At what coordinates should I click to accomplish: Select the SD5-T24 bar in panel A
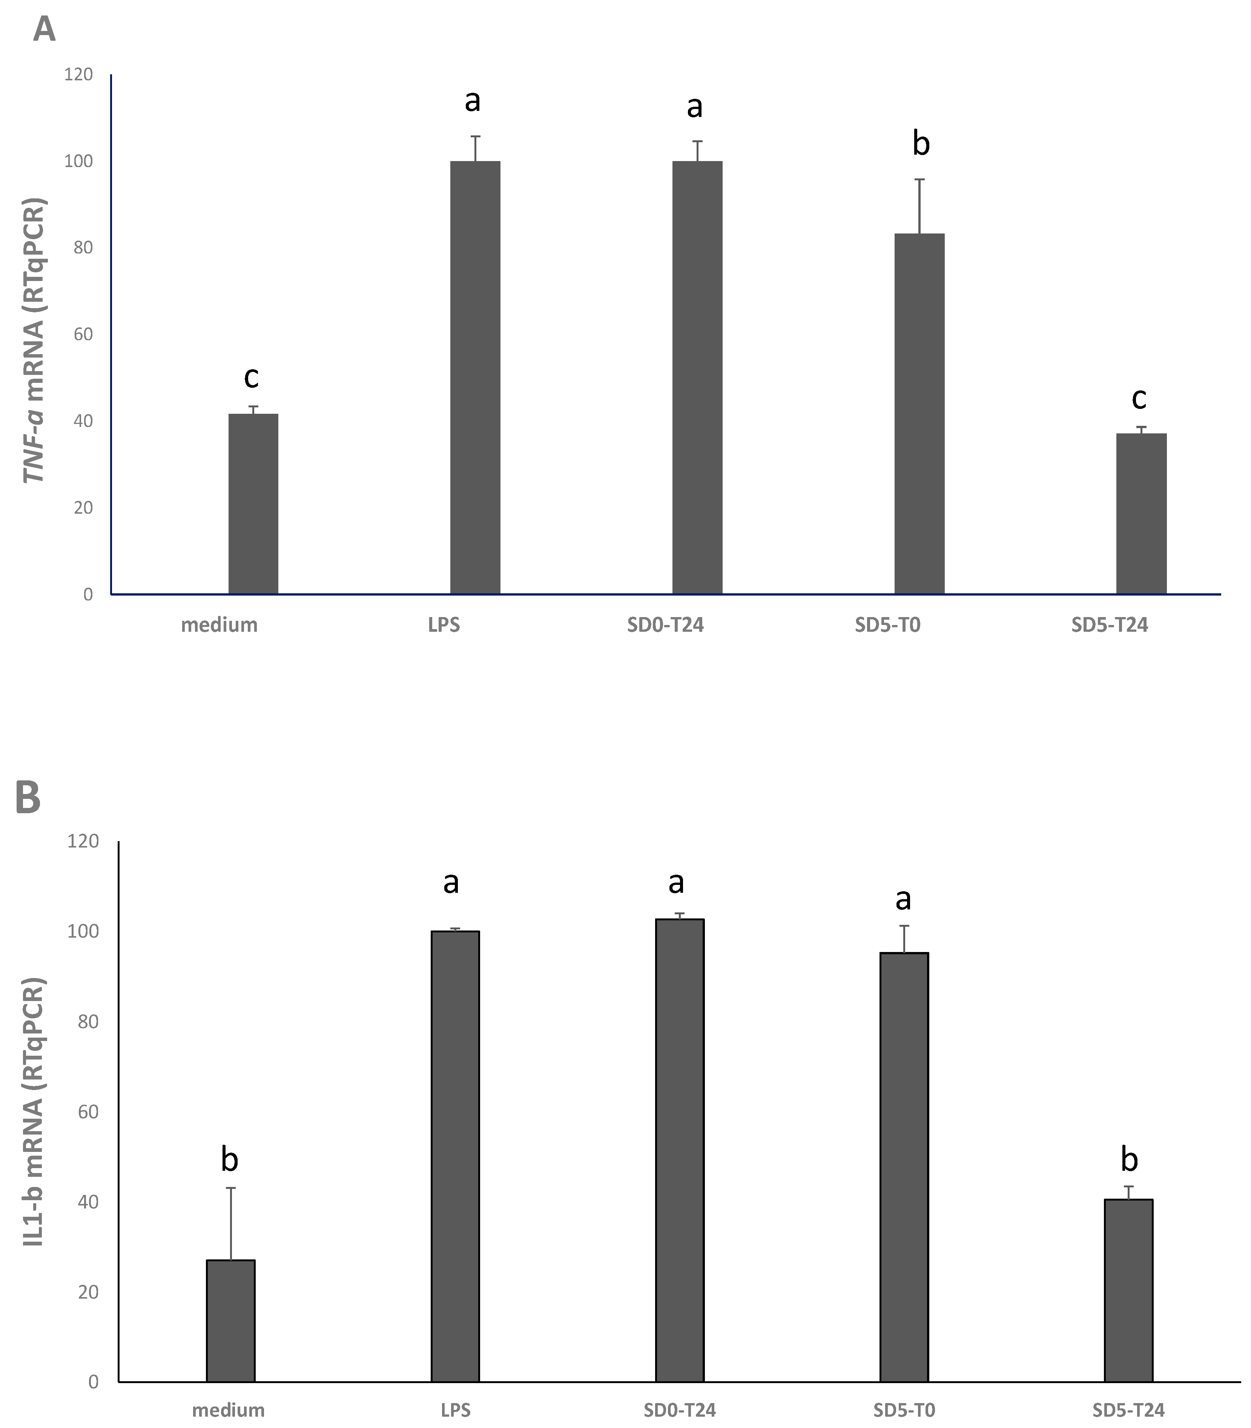pos(1141,513)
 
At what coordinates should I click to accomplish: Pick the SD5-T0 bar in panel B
pos(904,1166)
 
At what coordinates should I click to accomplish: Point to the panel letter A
pos(44,30)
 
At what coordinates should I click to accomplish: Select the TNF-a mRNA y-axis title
pos(34,341)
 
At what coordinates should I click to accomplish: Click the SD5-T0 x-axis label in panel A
pos(887,625)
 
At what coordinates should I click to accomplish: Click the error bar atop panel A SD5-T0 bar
pos(920,206)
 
